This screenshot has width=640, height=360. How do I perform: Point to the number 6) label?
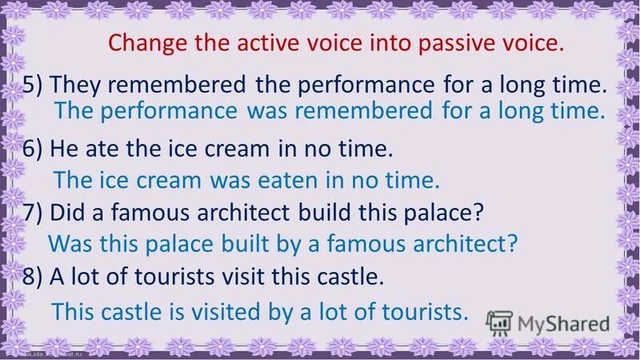coord(35,148)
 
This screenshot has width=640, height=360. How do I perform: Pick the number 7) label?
coord(35,213)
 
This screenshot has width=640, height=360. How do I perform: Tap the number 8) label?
coord(35,276)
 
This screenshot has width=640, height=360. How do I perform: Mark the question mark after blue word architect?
coord(513,243)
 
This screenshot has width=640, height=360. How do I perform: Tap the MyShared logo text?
coord(563,324)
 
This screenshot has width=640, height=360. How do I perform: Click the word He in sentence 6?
coord(63,148)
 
